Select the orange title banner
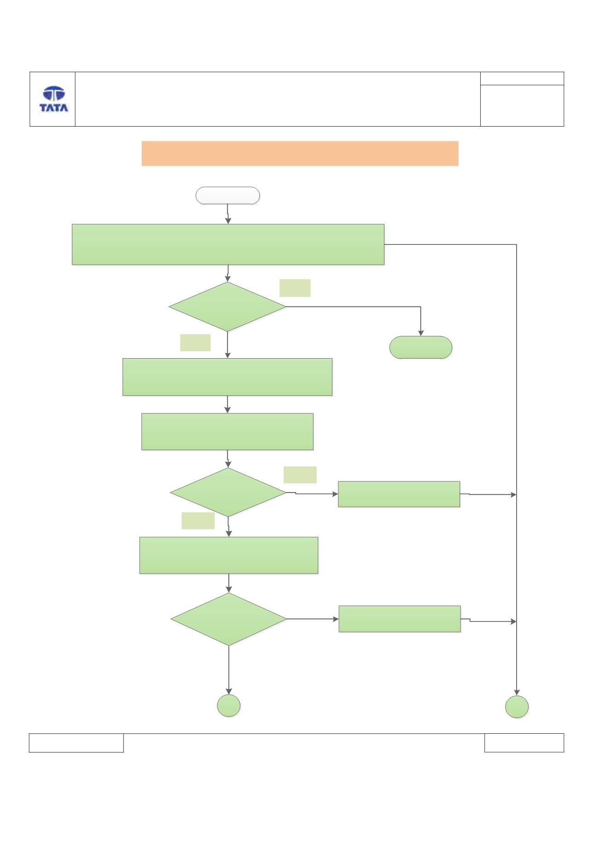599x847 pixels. pos(300,153)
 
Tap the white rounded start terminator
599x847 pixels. pos(228,195)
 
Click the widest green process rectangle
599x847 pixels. pos(228,244)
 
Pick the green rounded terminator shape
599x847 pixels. pos(421,347)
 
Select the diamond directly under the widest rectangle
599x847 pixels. pos(227,307)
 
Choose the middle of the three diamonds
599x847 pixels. pos(228,492)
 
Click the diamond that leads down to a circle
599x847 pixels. pos(229,619)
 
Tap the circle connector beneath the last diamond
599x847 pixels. pos(229,706)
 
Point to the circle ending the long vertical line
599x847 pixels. pos(517,707)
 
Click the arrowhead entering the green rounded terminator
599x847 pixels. pos(420,333)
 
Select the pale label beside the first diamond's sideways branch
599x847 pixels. pos(295,288)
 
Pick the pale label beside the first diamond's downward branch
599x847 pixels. pos(195,342)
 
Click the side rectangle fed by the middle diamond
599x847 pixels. pos(399,494)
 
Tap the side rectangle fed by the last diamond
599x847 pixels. pos(400,619)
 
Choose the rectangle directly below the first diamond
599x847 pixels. pos(227,377)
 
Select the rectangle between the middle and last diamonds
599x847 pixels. pos(229,555)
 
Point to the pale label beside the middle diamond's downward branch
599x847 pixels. pos(198,520)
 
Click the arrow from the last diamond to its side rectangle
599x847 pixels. pos(313,619)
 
